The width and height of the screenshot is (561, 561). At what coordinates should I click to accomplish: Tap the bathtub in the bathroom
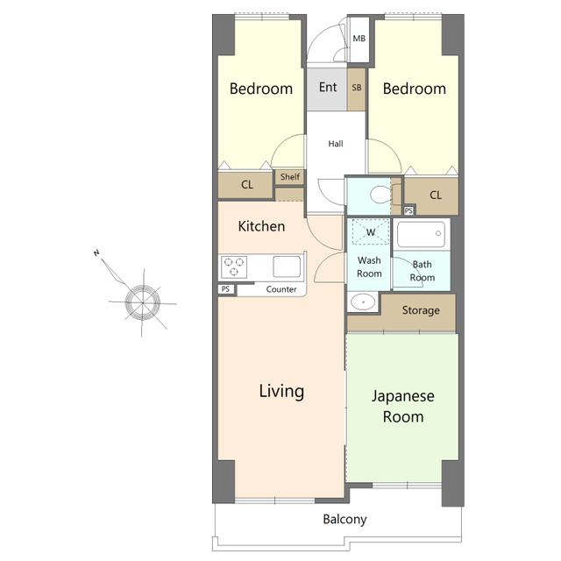421,234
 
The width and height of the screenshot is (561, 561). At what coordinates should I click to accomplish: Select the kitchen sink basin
287,266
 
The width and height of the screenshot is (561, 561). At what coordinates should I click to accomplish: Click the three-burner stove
234,266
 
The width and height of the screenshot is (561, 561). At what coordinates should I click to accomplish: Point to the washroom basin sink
363,302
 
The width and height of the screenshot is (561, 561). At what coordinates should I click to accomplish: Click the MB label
359,39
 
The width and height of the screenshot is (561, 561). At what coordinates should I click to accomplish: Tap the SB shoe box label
357,88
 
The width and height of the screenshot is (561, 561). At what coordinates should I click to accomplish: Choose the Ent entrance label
328,87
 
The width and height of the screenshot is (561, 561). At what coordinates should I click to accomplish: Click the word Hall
336,144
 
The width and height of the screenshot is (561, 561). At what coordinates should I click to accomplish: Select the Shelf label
290,177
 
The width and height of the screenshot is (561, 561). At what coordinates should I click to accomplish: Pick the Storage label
421,310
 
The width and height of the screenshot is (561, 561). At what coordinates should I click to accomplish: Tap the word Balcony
344,520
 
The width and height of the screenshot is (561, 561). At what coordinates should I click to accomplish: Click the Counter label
281,289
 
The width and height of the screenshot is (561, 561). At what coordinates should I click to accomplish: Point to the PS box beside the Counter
226,289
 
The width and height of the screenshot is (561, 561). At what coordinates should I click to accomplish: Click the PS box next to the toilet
408,210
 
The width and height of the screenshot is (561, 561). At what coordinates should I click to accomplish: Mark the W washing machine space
370,232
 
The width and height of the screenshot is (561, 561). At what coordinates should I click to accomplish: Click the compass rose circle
142,302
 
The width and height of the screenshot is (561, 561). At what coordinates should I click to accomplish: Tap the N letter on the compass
96,253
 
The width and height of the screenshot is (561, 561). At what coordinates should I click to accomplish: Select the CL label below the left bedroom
247,185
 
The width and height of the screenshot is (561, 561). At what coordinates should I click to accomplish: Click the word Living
281,391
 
